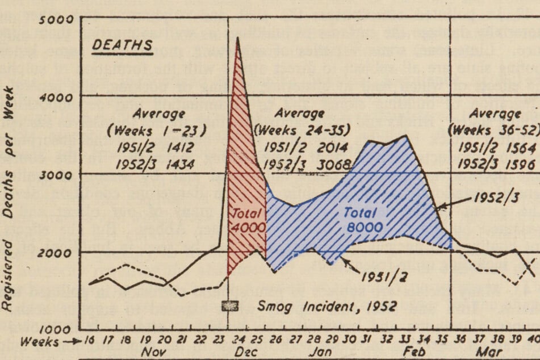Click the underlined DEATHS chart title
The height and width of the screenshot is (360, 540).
click(x=122, y=45)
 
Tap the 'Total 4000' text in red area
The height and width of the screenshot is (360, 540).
click(x=248, y=220)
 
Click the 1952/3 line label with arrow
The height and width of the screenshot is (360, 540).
click(x=488, y=199)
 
